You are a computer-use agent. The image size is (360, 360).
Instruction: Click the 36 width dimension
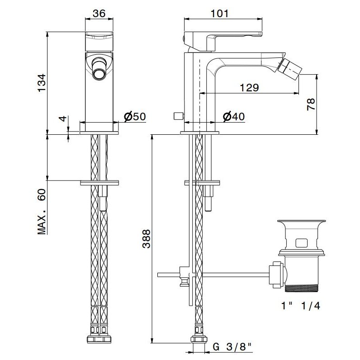click(99, 14)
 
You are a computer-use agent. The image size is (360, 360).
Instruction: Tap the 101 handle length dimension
click(219, 14)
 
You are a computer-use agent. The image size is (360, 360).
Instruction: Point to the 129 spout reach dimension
click(249, 88)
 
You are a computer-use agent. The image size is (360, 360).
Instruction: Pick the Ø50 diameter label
click(134, 117)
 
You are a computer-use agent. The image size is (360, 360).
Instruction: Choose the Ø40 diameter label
click(234, 117)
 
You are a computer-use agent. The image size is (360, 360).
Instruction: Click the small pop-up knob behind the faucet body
click(177, 117)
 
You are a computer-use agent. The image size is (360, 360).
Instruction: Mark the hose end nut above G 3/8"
click(198, 339)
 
